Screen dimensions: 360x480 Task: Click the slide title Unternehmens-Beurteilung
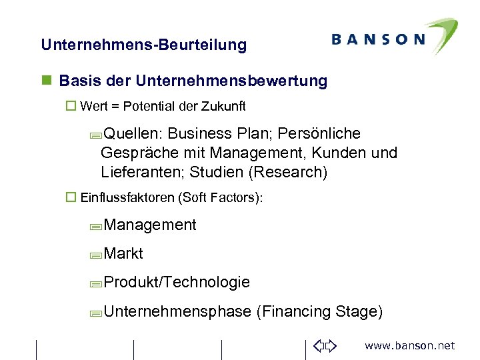pyautogui.click(x=143, y=45)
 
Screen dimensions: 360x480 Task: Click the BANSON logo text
pyautogui.click(x=377, y=39)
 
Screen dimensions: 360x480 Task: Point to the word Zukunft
pyautogui.click(x=222, y=106)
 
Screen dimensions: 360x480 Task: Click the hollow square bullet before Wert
pyautogui.click(x=71, y=106)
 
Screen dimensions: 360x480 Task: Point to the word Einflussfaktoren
pyautogui.click(x=127, y=197)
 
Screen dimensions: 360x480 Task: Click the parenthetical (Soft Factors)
pyautogui.click(x=221, y=197)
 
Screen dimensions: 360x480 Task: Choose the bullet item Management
pyautogui.click(x=150, y=225)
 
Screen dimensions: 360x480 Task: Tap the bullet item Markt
pyautogui.click(x=123, y=254)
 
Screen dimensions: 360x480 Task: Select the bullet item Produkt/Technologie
pyautogui.click(x=177, y=282)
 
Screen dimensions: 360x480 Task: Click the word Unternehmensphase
pyautogui.click(x=177, y=311)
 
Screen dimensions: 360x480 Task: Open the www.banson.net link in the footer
pyautogui.click(x=409, y=345)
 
